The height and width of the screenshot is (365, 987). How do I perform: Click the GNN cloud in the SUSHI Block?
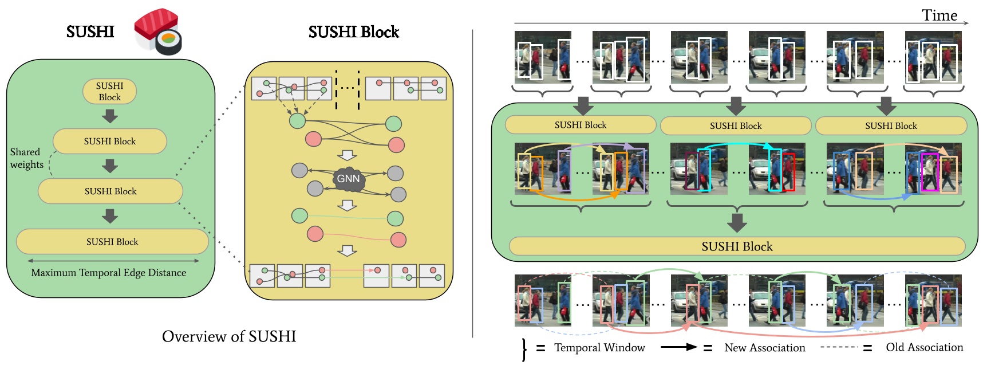348,179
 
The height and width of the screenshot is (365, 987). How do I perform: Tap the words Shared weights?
26,158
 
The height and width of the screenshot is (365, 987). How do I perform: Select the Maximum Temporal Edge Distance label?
108,273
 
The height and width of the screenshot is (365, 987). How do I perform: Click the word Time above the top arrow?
939,15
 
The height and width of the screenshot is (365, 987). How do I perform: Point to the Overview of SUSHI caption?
229,336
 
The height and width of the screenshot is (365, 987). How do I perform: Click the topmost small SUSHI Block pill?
109,92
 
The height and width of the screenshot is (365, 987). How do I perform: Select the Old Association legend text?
924,347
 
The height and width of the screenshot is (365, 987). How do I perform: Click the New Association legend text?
764,348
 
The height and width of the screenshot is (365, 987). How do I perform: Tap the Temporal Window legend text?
599,348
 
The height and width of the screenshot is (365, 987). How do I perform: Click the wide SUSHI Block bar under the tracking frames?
737,246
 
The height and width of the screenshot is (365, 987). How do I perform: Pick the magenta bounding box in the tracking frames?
930,172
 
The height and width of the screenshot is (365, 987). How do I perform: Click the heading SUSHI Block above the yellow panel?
353,32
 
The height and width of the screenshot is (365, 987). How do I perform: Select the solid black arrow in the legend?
679,347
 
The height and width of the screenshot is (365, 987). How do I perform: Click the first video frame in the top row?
543,57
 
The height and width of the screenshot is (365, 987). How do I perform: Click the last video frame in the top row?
933,57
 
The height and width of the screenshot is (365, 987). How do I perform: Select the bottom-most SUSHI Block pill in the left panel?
112,242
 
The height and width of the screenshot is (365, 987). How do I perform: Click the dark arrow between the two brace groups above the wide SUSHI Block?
737,223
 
